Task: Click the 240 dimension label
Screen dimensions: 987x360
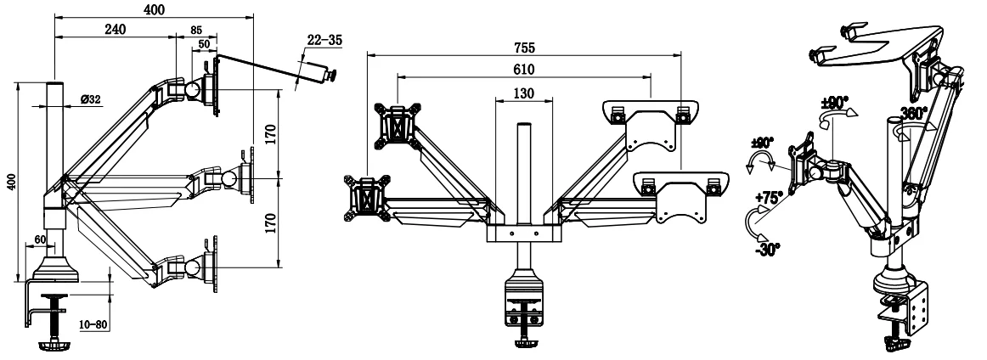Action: coord(116,29)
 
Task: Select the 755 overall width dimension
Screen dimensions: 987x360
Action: coord(524,48)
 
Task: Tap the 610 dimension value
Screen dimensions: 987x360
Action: coord(524,70)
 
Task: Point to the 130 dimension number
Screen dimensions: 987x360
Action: coord(523,93)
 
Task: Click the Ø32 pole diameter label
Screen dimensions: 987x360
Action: coord(91,98)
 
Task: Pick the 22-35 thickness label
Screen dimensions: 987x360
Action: coord(324,40)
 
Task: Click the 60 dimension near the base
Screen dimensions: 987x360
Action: coord(40,239)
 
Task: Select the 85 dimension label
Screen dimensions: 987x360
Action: coord(195,30)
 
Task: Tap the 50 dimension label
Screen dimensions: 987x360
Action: coord(205,44)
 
